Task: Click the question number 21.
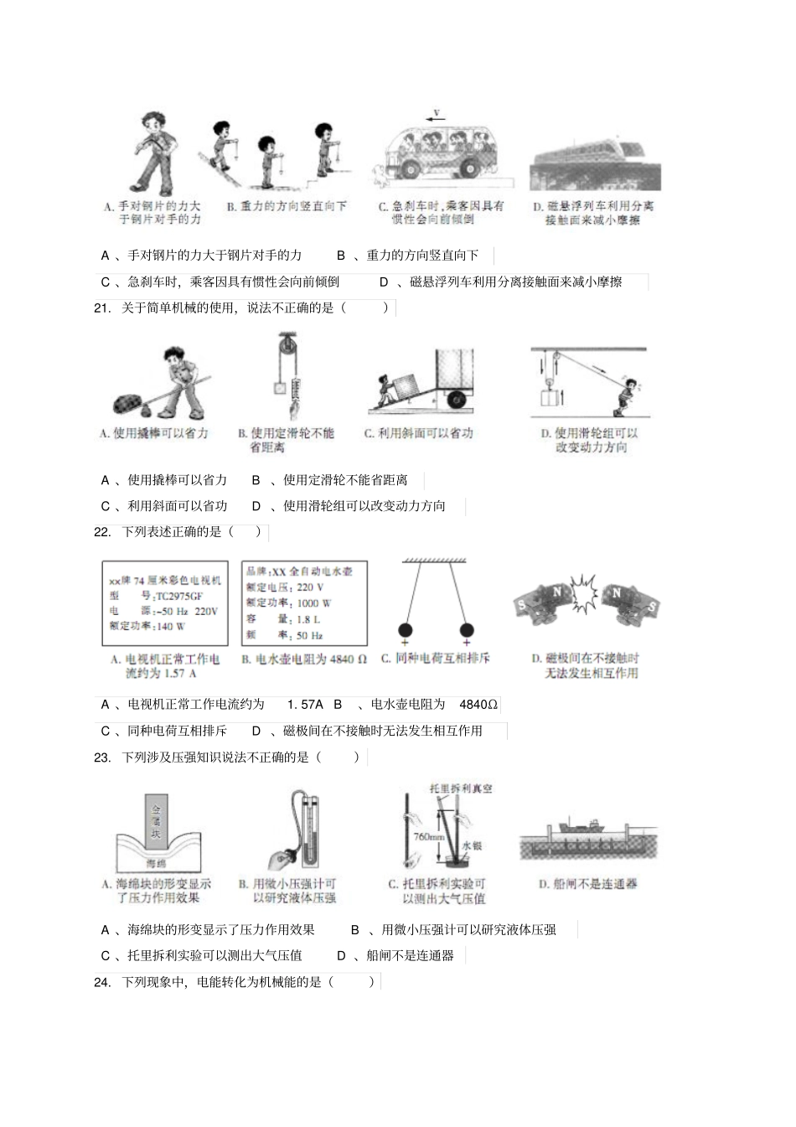[102, 308]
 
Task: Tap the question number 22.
[102, 532]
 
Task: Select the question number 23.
[102, 757]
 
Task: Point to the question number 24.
[102, 982]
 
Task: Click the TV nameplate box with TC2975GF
[164, 603]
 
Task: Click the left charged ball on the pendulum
[404, 630]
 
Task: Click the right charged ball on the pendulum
[467, 630]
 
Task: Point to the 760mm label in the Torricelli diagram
[427, 837]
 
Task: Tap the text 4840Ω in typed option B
[478, 705]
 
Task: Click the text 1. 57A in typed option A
[304, 705]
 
